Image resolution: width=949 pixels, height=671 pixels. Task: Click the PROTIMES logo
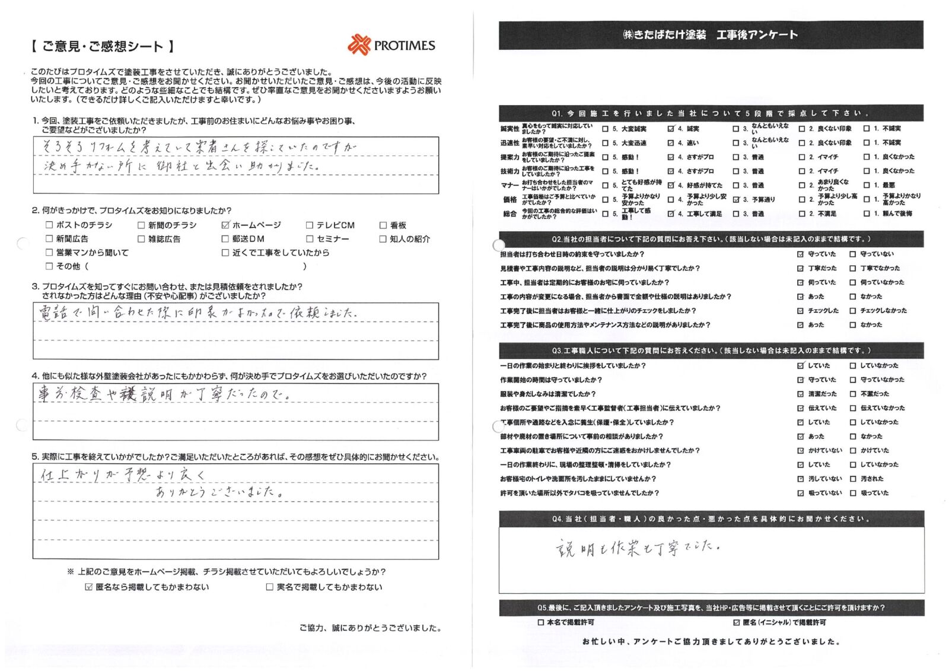(x=391, y=45)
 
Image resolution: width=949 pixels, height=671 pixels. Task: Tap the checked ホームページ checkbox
(x=225, y=225)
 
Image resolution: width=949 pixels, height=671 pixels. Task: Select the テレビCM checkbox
(x=310, y=225)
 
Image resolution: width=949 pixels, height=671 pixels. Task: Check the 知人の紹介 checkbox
(x=383, y=239)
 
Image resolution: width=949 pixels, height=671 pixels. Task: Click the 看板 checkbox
(x=383, y=225)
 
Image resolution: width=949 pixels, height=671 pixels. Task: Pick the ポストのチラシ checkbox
(x=49, y=225)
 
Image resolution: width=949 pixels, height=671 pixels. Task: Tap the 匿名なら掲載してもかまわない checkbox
(x=89, y=587)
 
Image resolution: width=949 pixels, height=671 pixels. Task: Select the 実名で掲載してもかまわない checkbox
(x=270, y=587)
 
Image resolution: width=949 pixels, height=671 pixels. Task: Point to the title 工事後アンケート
(x=757, y=35)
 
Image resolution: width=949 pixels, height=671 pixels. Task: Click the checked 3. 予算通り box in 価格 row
(x=736, y=200)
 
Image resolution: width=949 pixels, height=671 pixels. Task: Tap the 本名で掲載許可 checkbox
(x=540, y=622)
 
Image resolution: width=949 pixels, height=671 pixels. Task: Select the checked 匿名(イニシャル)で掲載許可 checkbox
(x=737, y=622)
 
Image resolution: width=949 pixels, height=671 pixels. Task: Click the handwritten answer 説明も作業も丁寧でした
(x=638, y=548)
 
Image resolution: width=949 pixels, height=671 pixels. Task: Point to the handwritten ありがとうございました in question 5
(x=217, y=492)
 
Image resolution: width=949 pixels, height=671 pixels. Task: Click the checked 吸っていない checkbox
(x=800, y=493)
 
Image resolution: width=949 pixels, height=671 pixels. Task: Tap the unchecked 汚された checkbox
(x=853, y=479)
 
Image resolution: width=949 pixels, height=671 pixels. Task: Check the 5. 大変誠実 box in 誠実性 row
(x=605, y=129)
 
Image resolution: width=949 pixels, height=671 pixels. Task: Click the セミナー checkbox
(x=310, y=239)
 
